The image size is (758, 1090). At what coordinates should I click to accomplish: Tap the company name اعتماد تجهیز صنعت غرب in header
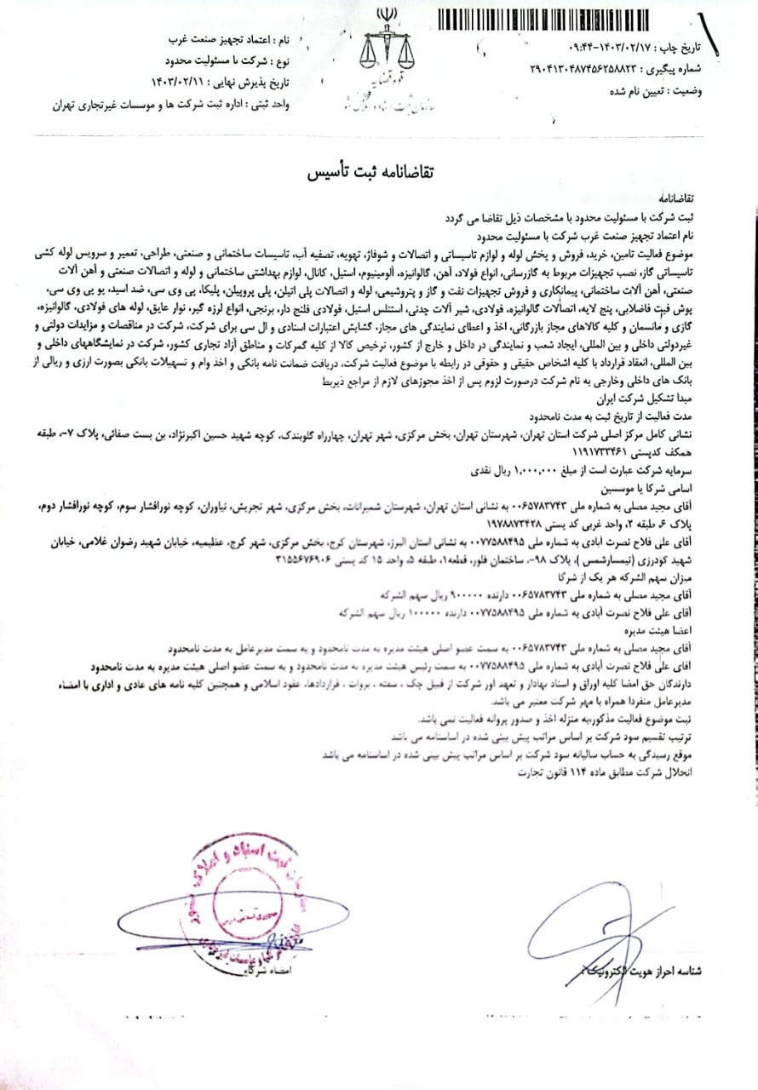coord(211,41)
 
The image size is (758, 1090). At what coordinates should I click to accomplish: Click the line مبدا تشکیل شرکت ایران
coord(681,398)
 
